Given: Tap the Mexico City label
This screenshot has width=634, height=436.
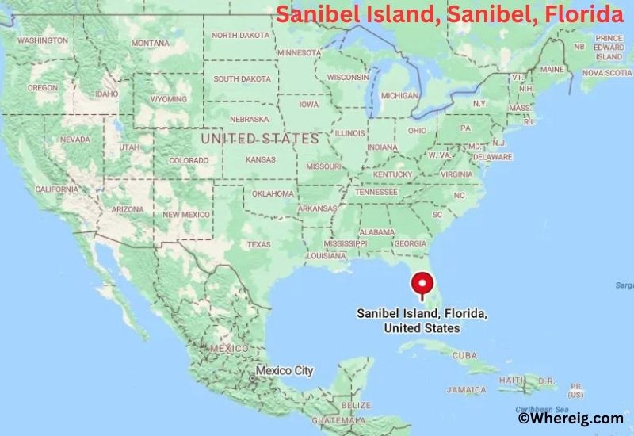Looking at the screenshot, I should [284, 370].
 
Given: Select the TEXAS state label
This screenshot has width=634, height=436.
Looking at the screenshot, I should [258, 244].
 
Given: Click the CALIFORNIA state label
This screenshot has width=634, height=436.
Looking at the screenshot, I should [56, 189].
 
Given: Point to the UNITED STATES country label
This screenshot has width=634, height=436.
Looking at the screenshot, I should [259, 138].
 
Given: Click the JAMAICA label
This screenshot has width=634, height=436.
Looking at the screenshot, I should [466, 390].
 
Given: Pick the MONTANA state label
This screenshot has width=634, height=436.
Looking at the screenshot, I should [150, 43].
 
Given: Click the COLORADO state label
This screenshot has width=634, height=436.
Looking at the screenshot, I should [189, 160].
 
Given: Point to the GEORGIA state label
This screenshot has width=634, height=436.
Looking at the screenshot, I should [410, 243].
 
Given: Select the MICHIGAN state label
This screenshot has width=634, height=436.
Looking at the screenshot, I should [399, 95].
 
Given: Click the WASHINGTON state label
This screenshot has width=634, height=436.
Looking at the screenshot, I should [41, 40].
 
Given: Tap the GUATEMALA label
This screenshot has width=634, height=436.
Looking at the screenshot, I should [336, 419].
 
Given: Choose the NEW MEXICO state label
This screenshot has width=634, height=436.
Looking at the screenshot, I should [185, 215].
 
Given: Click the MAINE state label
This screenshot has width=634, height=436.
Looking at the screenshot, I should [550, 70].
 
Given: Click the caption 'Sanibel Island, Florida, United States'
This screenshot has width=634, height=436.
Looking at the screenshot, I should [422, 321].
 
